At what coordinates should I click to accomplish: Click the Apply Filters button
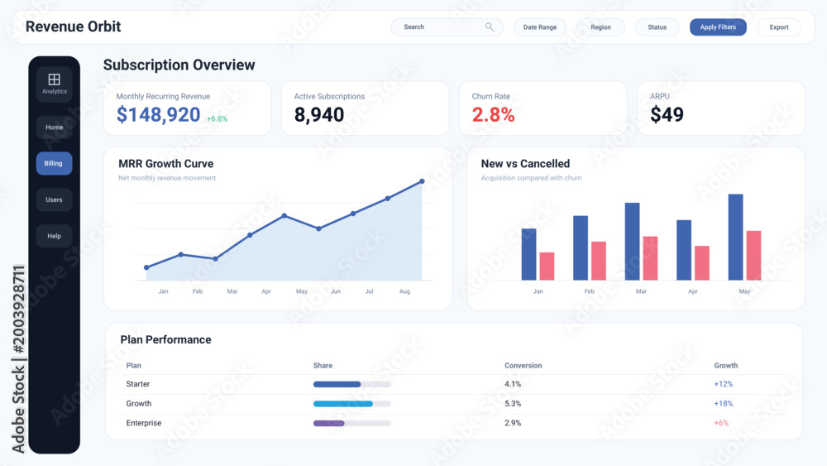pyautogui.click(x=718, y=27)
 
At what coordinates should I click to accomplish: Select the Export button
pyautogui.click(x=779, y=27)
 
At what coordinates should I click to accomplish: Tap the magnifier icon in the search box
pyautogui.click(x=490, y=27)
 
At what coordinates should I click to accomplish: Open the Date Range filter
pyautogui.click(x=540, y=27)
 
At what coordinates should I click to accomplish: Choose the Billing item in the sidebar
pyautogui.click(x=54, y=164)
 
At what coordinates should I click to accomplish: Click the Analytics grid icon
pyautogui.click(x=55, y=79)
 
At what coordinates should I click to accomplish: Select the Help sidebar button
pyautogui.click(x=54, y=236)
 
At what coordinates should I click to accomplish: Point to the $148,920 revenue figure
pyautogui.click(x=158, y=114)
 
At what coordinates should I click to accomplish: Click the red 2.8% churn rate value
pyautogui.click(x=493, y=114)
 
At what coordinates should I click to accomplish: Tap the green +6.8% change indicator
pyautogui.click(x=217, y=119)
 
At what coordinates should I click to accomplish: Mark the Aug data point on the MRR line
pyautogui.click(x=422, y=181)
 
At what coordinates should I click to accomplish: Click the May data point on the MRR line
pyautogui.click(x=284, y=216)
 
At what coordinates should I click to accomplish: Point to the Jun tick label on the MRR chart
pyautogui.click(x=336, y=291)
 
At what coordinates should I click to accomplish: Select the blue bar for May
pyautogui.click(x=736, y=237)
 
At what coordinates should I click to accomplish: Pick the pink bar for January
pyautogui.click(x=547, y=266)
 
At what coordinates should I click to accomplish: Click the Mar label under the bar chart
pyautogui.click(x=641, y=291)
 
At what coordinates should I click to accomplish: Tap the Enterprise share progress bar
pyautogui.click(x=351, y=423)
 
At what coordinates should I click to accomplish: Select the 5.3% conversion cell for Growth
pyautogui.click(x=513, y=404)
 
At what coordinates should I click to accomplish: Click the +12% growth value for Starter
pyautogui.click(x=723, y=384)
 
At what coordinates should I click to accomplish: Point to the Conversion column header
pyautogui.click(x=523, y=365)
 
